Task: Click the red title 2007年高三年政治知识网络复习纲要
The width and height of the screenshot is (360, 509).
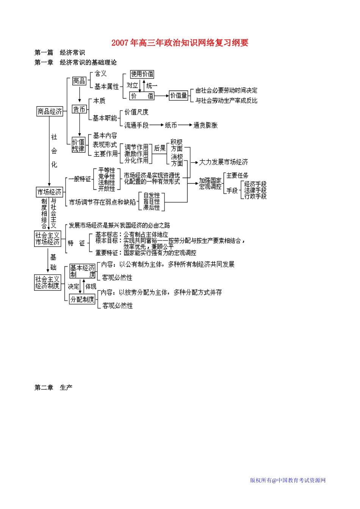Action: click(x=180, y=43)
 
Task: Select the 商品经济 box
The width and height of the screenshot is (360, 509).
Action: click(x=50, y=112)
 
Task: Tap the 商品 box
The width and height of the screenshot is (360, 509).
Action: click(x=79, y=81)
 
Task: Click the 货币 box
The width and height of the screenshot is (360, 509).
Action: click(x=79, y=109)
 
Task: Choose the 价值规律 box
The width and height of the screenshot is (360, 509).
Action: click(x=78, y=145)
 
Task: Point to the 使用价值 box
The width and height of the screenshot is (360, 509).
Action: click(x=142, y=74)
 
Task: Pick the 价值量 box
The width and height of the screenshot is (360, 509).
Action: click(x=178, y=95)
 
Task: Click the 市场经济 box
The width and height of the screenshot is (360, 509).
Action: click(x=49, y=192)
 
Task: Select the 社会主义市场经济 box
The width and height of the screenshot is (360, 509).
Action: click(x=47, y=239)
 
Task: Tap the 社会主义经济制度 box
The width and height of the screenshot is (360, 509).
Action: click(x=47, y=283)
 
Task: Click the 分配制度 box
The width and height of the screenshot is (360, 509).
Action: click(x=82, y=299)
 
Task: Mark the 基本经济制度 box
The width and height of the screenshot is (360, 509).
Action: click(x=83, y=271)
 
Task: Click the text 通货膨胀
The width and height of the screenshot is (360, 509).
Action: click(x=205, y=125)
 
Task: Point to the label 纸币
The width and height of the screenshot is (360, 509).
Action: click(x=171, y=125)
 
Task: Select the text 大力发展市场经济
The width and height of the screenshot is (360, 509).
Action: click(x=224, y=162)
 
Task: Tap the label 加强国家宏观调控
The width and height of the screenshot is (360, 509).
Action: click(x=210, y=184)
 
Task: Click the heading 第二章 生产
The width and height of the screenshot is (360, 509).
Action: click(x=53, y=387)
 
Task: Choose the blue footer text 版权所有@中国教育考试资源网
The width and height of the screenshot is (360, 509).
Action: click(x=288, y=480)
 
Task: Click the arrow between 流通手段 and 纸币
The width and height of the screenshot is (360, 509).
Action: click(x=157, y=125)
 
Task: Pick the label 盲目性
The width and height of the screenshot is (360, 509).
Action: click(x=152, y=201)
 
